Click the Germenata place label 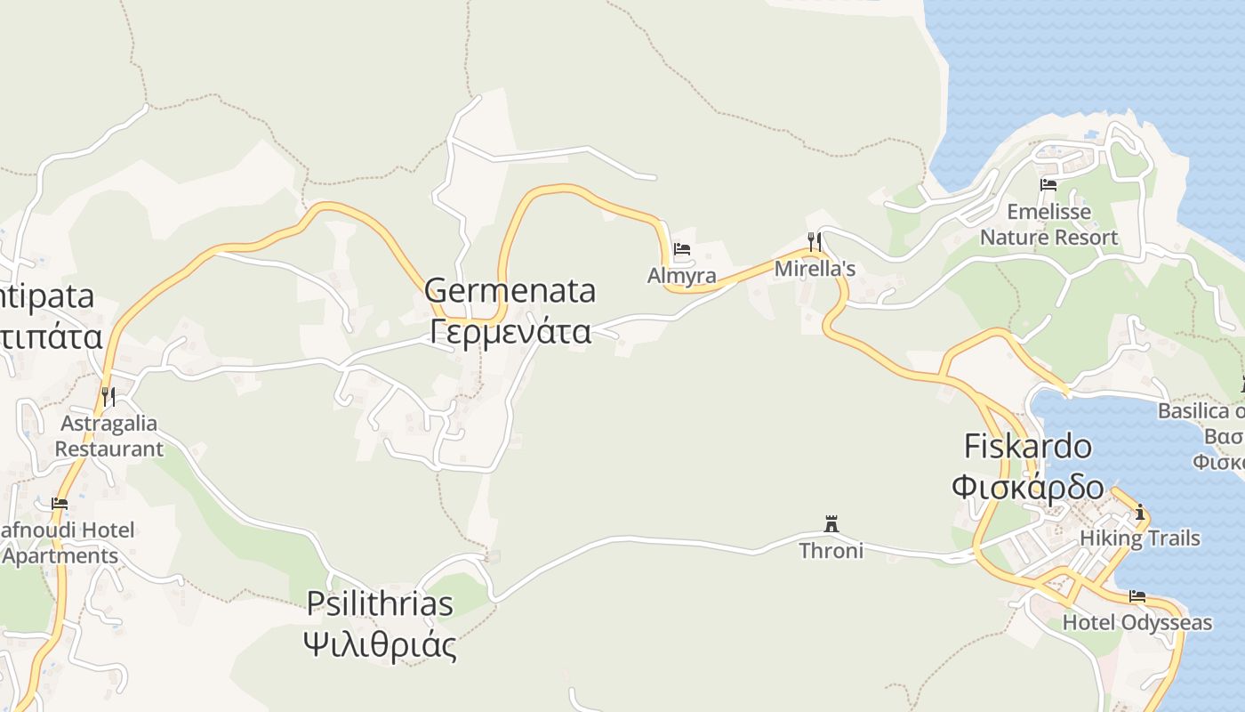coord(510,291)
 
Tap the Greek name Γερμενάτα coord(510,331)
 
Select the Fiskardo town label coord(1028,446)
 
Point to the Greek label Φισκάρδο coord(1028,488)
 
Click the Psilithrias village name coord(380,603)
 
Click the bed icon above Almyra coord(682,249)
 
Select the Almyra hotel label coord(682,276)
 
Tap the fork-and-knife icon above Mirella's coord(814,240)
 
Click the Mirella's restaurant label coord(815,268)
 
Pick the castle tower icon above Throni coord(831,523)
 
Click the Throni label coord(831,551)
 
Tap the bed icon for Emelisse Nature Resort coord(1048,185)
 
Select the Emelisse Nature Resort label coord(1048,225)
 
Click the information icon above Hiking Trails coord(1140,513)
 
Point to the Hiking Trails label coord(1140,538)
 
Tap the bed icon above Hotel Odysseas coord(1137,596)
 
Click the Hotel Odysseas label coord(1137,622)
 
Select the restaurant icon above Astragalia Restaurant coord(108,396)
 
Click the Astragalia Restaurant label coord(108,436)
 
